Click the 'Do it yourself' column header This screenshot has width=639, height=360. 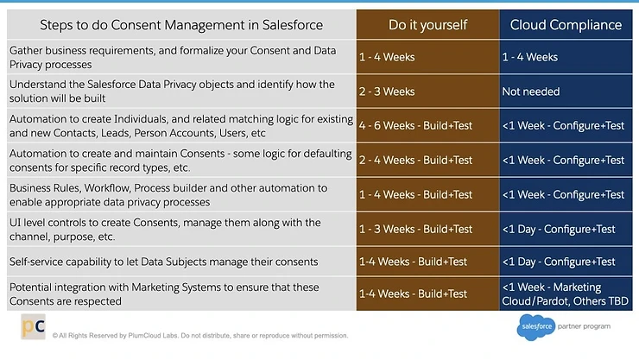[x=427, y=24]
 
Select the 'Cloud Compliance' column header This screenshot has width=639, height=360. [x=566, y=24]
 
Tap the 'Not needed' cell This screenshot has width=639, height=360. [x=531, y=92]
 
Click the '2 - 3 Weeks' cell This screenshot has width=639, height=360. [x=387, y=92]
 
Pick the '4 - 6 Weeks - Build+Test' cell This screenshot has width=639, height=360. [x=415, y=126]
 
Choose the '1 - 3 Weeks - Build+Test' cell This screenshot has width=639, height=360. [x=415, y=229]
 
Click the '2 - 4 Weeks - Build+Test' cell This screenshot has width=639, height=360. [x=415, y=160]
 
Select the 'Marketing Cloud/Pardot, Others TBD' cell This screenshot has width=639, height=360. [x=565, y=294]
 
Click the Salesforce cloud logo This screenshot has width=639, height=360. [x=536, y=327]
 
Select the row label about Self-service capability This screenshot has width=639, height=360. [x=164, y=261]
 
